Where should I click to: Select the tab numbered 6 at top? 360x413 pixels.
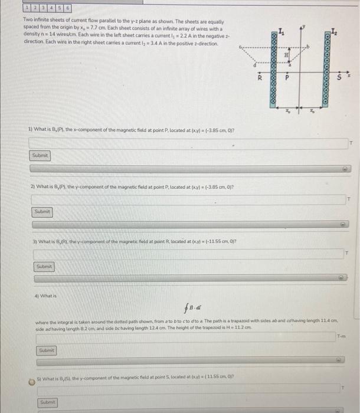pyautogui.click(x=69, y=9)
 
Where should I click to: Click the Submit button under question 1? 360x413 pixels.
pyautogui.click(x=41, y=155)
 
